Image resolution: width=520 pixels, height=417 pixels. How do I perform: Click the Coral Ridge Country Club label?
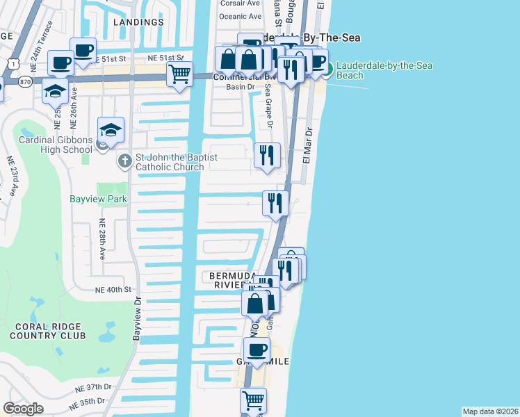point(47,331)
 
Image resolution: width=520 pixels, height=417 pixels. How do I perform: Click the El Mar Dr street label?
point(309,143)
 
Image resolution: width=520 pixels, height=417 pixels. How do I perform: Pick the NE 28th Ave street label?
point(101,239)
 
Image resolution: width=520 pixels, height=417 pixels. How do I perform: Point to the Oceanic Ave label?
point(240,16)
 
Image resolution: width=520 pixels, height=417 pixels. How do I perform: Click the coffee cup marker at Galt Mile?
point(257,350)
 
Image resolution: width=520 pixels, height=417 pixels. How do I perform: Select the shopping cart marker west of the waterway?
point(180,73)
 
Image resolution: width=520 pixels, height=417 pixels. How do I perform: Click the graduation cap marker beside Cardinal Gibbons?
point(111,129)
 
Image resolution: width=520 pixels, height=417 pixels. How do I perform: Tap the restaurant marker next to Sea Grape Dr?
point(266,155)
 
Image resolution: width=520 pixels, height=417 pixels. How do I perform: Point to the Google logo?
point(23,409)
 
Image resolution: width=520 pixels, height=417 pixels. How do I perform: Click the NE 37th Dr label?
point(94,387)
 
